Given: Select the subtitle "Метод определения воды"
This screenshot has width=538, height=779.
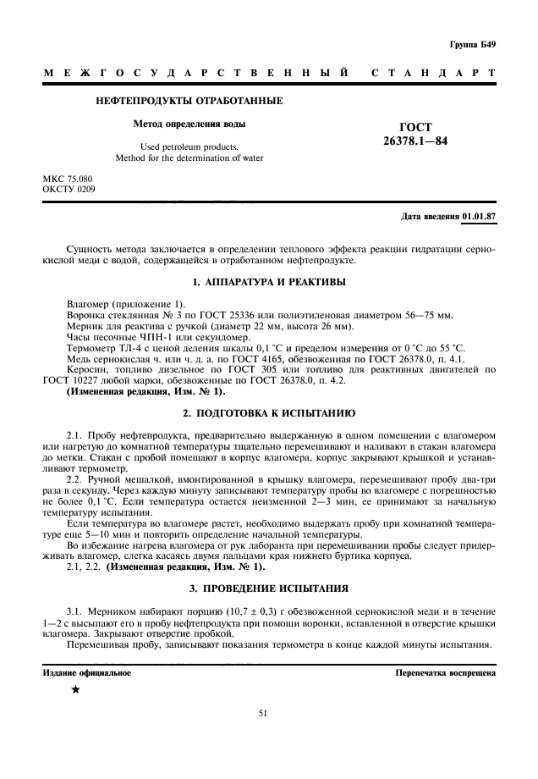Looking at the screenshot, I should (x=189, y=124).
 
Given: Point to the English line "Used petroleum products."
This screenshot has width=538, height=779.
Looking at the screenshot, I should (x=189, y=146).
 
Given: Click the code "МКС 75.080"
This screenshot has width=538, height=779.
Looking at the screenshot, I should (x=69, y=179).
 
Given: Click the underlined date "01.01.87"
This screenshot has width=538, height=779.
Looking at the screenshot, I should (x=479, y=216).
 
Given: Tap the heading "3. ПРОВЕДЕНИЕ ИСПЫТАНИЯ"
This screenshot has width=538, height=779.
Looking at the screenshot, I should (x=268, y=588).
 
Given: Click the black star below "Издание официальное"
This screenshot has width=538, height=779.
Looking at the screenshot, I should (x=76, y=690).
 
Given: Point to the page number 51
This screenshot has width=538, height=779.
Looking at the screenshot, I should (x=268, y=715).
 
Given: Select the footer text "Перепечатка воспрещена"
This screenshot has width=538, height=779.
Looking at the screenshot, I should (x=445, y=673).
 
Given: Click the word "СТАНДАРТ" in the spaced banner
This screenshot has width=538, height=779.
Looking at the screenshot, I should (x=433, y=74).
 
